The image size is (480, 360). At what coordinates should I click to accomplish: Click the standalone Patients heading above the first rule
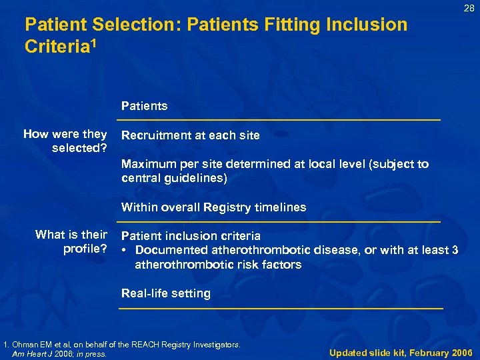pyautogui.click(x=144, y=106)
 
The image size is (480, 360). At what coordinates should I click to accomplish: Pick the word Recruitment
pyautogui.click(x=155, y=135)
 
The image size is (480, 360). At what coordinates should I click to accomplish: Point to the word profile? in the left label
pyautogui.click(x=85, y=249)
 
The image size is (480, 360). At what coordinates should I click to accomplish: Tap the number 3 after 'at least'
pyautogui.click(x=455, y=250)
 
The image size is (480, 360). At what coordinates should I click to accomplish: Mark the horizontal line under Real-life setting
pyautogui.click(x=281, y=309)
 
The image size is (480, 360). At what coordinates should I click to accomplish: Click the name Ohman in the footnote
pyautogui.click(x=25, y=345)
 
